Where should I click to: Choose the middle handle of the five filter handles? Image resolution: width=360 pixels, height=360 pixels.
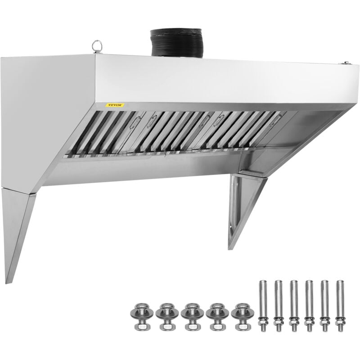click(205, 120)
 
